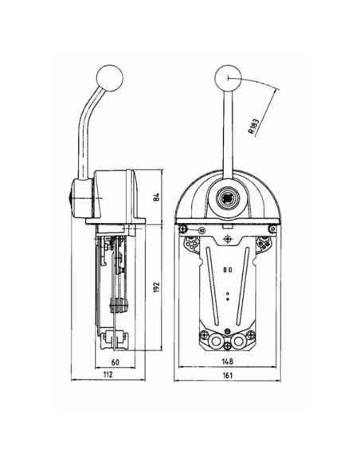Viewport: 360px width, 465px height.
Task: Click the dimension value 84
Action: point(157,197)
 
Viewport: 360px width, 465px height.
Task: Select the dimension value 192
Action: point(157,287)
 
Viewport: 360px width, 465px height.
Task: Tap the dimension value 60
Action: point(115,362)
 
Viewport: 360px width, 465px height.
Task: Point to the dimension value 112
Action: point(108,374)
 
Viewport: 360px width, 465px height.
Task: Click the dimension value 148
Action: point(228,361)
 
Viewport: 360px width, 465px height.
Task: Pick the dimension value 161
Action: point(227,375)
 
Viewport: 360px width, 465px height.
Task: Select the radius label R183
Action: point(253,127)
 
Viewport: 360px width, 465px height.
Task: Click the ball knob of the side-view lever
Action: point(110,78)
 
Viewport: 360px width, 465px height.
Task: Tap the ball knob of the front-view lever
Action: point(228,78)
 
